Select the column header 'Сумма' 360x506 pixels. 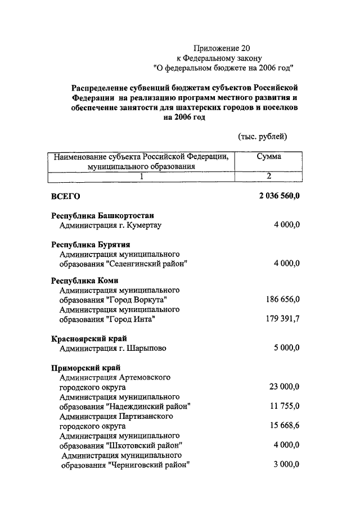269,157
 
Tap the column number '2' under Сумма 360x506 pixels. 269,176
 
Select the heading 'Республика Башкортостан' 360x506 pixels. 103,216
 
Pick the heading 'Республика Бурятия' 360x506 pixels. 91,245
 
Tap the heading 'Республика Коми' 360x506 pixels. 85,281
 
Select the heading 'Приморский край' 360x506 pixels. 85,367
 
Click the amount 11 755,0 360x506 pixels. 285,406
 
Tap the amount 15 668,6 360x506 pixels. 285,425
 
